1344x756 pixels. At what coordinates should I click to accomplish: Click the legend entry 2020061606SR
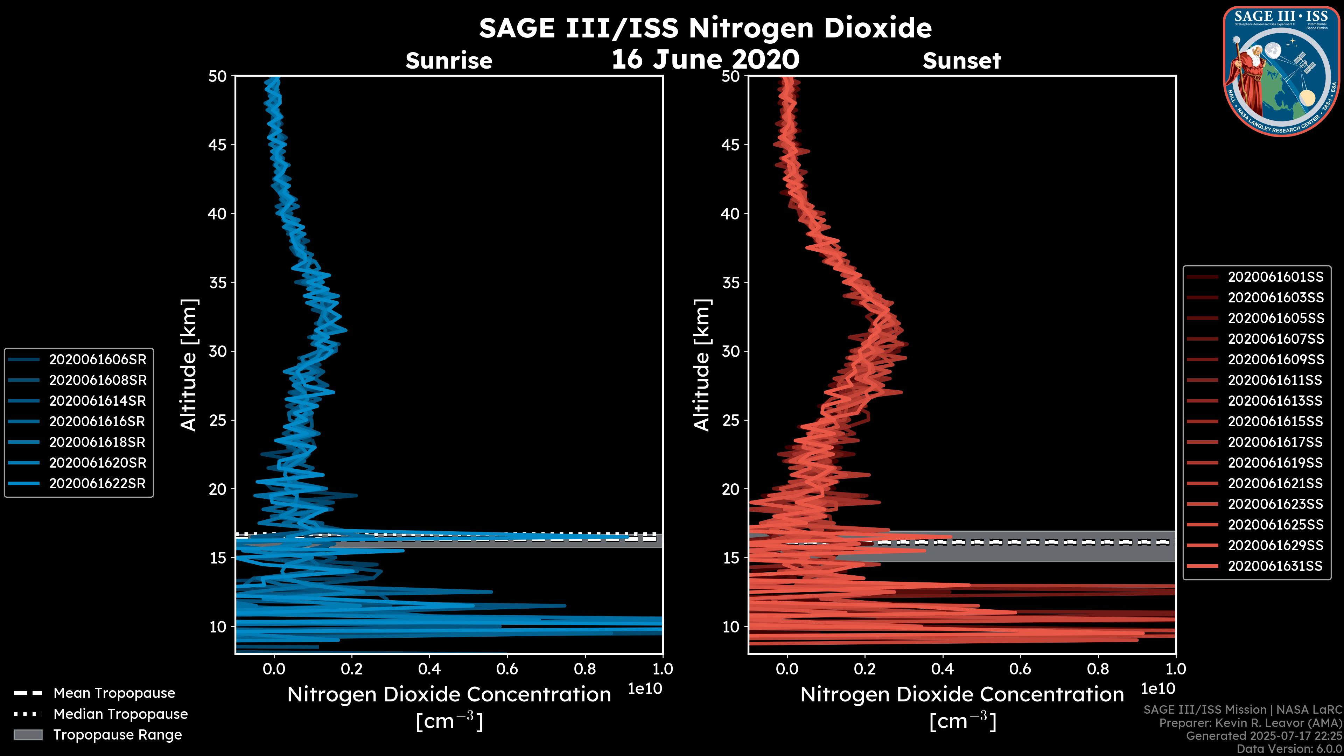click(x=98, y=359)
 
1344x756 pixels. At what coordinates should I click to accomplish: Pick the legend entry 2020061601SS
click(x=1275, y=277)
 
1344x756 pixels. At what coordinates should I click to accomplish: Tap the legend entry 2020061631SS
click(x=1275, y=566)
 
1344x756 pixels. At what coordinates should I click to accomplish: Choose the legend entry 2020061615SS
click(x=1275, y=421)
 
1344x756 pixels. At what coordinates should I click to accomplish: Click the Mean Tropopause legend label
click(x=114, y=693)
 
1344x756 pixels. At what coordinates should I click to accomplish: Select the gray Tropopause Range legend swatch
click(x=28, y=735)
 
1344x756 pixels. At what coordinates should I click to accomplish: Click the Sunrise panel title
click(x=449, y=61)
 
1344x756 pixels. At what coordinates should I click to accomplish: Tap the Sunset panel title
click(x=961, y=61)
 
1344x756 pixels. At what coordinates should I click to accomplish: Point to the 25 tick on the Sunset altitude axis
click(x=731, y=420)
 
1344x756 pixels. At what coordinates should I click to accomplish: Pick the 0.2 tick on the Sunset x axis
click(x=864, y=669)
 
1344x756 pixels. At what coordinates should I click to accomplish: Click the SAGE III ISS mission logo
click(x=1281, y=71)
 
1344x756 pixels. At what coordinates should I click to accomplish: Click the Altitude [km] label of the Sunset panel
click(x=702, y=365)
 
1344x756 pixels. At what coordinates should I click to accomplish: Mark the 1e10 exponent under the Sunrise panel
click(x=645, y=689)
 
